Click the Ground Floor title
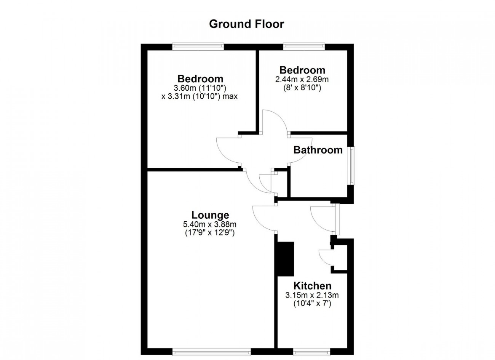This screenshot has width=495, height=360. [246, 24]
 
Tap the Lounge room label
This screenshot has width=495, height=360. [210, 215]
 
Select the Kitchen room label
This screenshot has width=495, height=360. [312, 286]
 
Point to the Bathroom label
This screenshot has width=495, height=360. [318, 150]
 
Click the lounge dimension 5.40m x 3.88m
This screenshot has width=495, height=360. [210, 224]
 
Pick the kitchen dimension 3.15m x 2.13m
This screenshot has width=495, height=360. [312, 295]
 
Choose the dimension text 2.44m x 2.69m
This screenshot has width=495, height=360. [302, 79]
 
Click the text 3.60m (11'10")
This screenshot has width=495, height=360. [200, 88]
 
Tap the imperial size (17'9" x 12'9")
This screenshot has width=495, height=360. [210, 233]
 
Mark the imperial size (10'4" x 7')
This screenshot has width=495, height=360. [312, 304]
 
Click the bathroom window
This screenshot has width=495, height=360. [353, 166]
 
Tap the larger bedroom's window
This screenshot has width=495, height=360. [198, 46]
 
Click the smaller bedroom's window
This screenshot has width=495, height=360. [304, 46]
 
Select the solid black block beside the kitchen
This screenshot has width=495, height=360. [285, 259]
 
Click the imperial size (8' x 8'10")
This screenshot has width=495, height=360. [302, 88]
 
